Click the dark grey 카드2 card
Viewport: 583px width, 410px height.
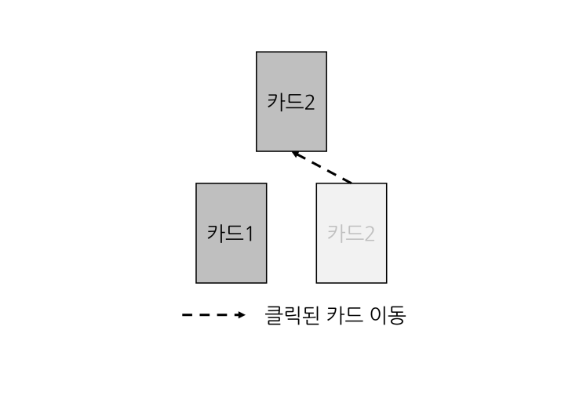292,101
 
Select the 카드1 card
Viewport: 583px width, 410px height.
231,233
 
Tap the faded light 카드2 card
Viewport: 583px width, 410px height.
352,233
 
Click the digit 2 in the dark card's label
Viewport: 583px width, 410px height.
309,103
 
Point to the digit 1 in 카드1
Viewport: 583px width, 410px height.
250,234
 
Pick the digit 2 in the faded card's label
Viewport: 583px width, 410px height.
370,234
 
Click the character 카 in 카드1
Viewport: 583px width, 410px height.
217,234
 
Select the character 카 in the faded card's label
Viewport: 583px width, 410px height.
337,234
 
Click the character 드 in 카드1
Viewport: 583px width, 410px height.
235,234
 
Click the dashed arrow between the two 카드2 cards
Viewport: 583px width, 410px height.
322,167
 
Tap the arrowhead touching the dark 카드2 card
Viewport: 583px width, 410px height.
297,154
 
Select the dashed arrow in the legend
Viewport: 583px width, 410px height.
213,315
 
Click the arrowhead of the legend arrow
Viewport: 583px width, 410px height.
242,315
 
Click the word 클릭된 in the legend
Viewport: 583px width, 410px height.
292,315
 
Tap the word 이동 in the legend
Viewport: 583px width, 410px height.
388,315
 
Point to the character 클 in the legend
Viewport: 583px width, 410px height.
275,315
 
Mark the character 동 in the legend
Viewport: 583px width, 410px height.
397,315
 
